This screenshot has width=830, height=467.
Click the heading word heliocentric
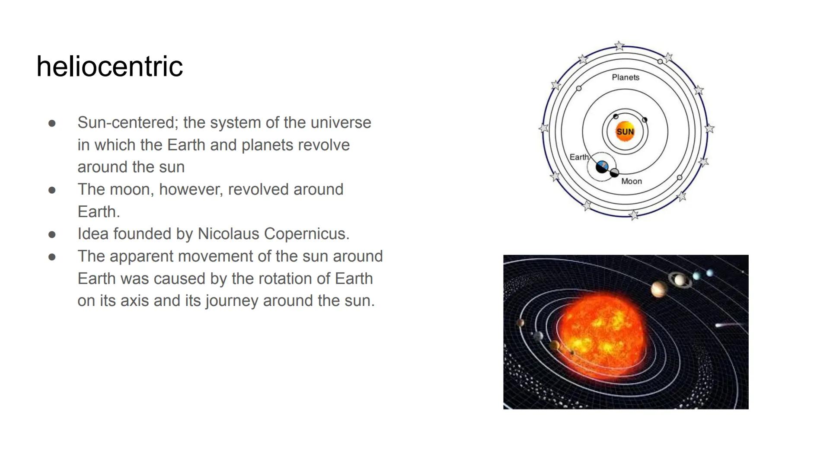[x=109, y=67]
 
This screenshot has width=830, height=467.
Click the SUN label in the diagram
[x=625, y=131]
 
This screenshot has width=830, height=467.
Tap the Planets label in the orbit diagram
[x=625, y=77]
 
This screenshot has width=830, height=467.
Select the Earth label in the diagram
[x=578, y=157]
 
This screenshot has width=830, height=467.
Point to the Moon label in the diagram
[x=631, y=181]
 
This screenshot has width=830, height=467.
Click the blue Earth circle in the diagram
[x=602, y=166]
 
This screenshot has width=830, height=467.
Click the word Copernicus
[x=306, y=234]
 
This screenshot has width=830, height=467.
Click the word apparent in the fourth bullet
[x=141, y=256]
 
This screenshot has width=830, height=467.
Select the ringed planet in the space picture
[x=680, y=280]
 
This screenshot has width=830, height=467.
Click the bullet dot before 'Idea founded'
[x=52, y=234]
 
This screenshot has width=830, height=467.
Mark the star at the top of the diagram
[x=619, y=45]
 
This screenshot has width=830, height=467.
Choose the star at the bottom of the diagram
[x=634, y=214]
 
